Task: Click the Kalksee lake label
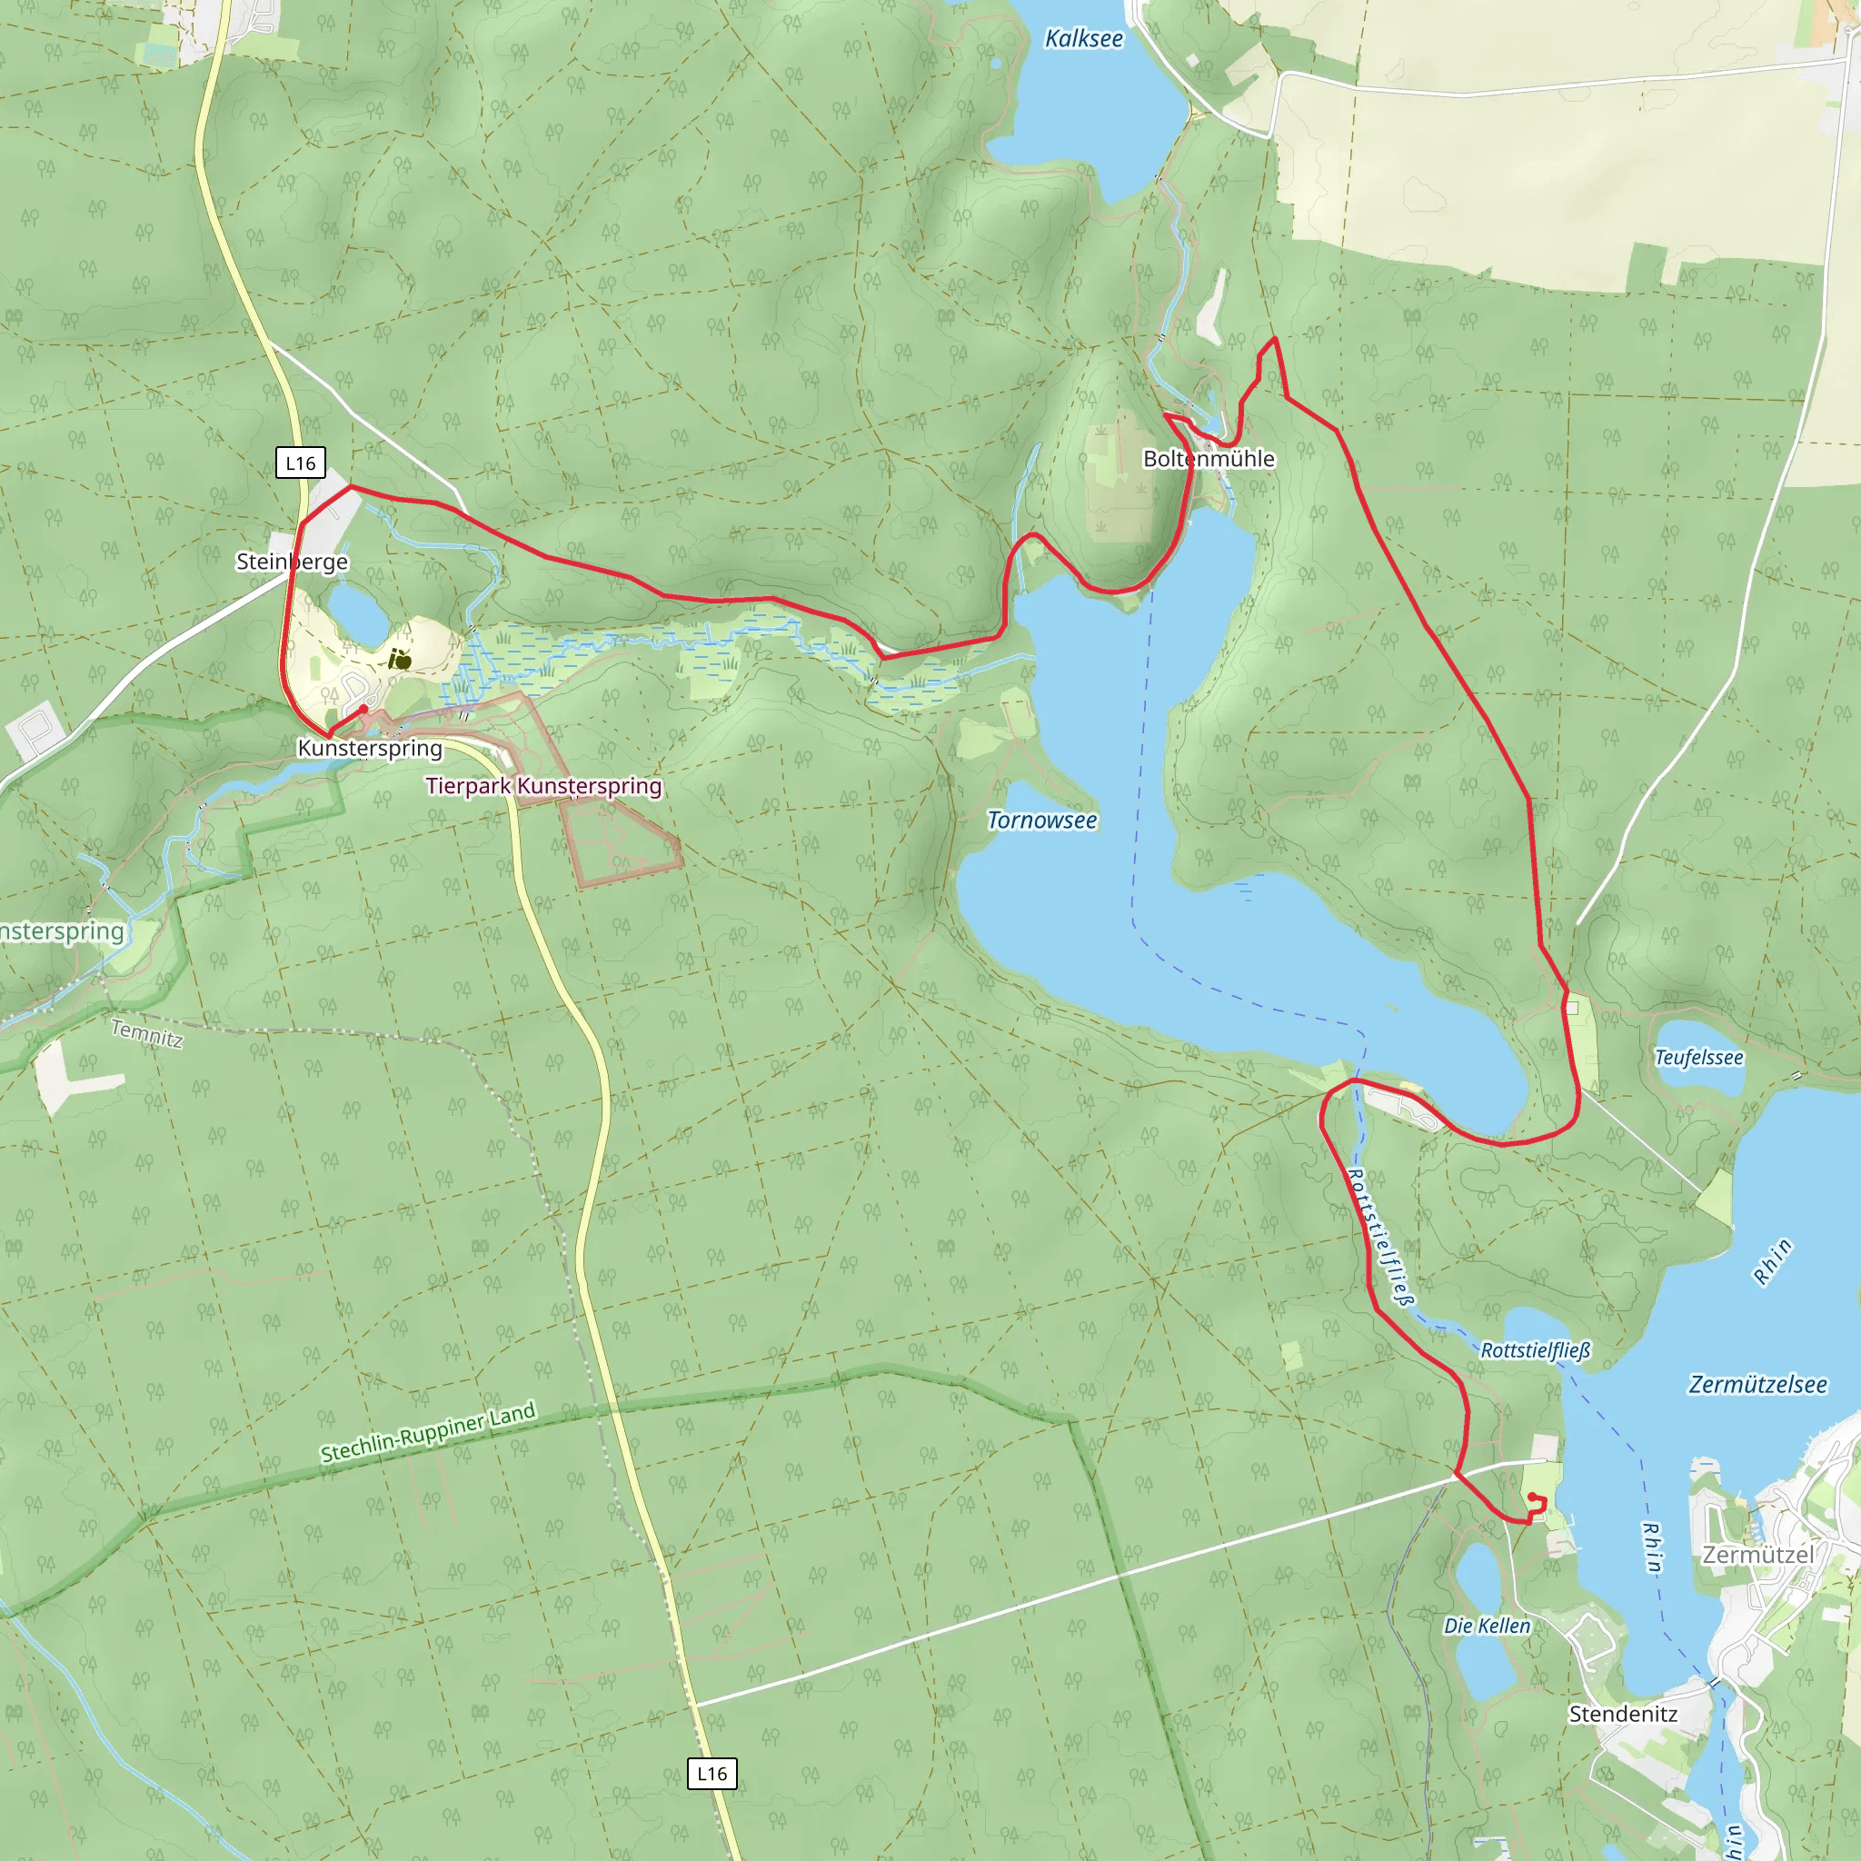1084,38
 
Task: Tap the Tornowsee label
1042,821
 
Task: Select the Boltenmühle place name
1208,459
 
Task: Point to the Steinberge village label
292,562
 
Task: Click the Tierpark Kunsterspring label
543,786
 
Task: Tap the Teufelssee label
1699,1058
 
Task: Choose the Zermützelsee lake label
1757,1385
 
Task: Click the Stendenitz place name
1623,1715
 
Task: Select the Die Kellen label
1487,1626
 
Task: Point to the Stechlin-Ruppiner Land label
428,1432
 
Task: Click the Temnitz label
146,1033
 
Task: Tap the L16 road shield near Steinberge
301,463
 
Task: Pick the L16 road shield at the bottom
712,1774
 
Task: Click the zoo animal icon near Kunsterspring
400,660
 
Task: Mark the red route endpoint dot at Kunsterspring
363,710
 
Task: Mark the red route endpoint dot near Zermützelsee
1531,1497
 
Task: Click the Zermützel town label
1758,1555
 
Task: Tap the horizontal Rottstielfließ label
1535,1350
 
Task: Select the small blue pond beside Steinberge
359,612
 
